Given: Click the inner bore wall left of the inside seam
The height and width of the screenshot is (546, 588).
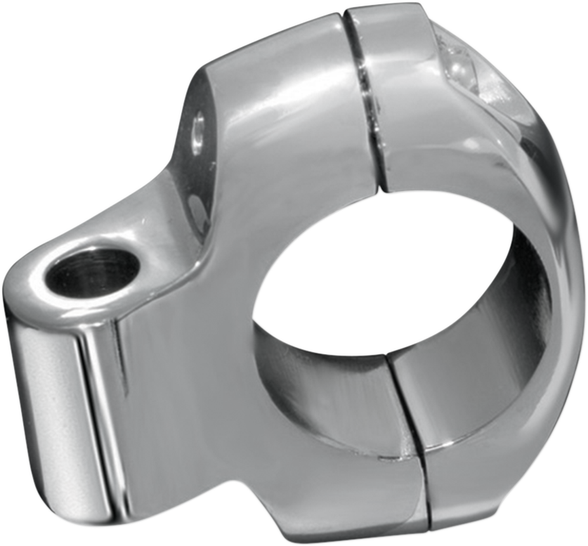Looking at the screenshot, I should point(330,394).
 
